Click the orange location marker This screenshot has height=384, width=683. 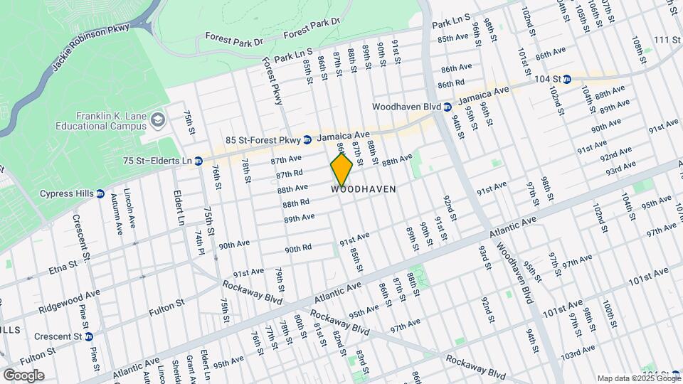click(341, 170)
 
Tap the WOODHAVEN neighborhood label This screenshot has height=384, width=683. click(364, 190)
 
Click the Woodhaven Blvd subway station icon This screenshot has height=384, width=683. click(448, 107)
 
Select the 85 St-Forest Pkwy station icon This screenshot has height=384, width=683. click(307, 139)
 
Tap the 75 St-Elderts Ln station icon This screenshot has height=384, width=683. click(198, 161)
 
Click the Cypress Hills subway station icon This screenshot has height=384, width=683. click(100, 193)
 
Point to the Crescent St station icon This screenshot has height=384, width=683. click(88, 336)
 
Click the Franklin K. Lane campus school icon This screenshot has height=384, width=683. click(157, 120)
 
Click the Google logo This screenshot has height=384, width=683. click(23, 375)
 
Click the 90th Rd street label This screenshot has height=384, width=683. click(299, 249)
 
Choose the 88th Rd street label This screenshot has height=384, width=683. click(296, 203)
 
